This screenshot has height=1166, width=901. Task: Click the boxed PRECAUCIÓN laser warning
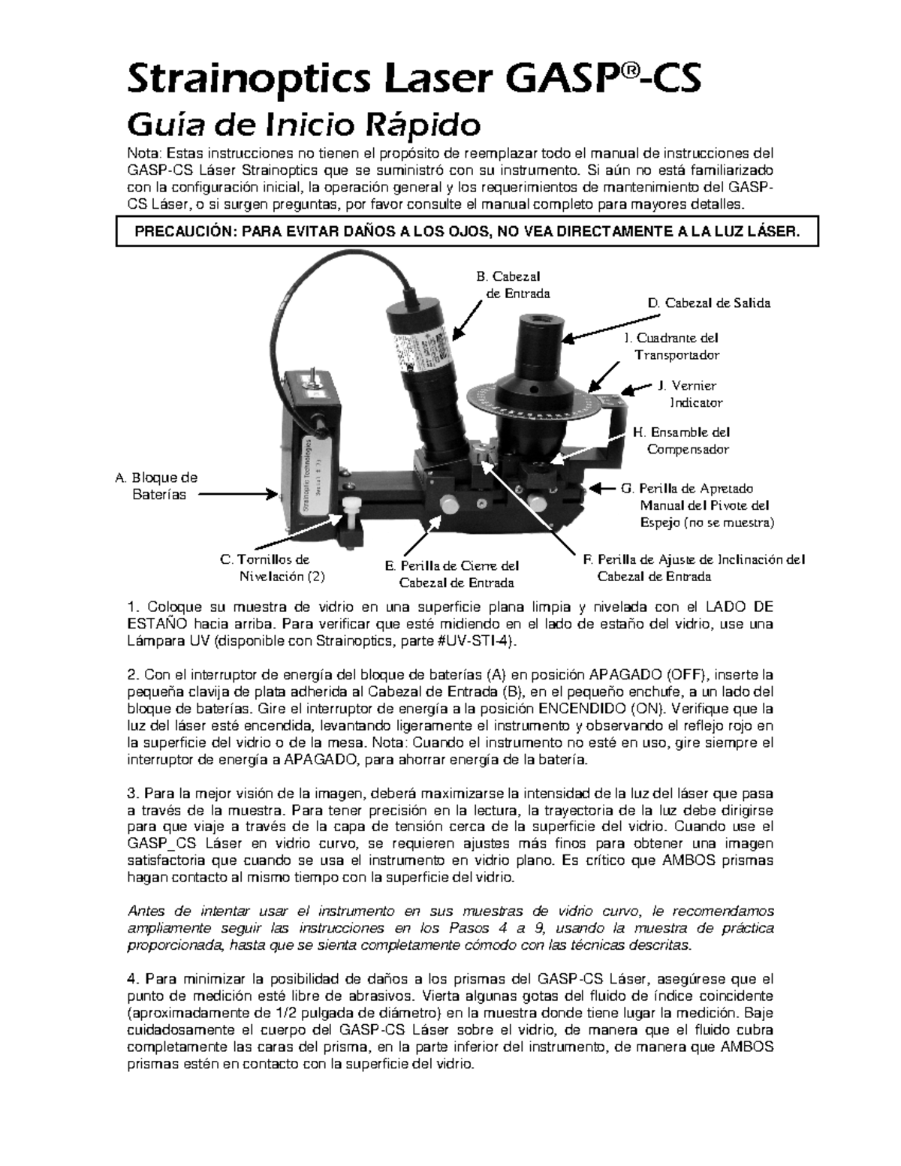click(x=466, y=233)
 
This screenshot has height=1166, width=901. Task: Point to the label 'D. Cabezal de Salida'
click(x=708, y=303)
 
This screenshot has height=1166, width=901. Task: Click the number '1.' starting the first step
click(x=134, y=607)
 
